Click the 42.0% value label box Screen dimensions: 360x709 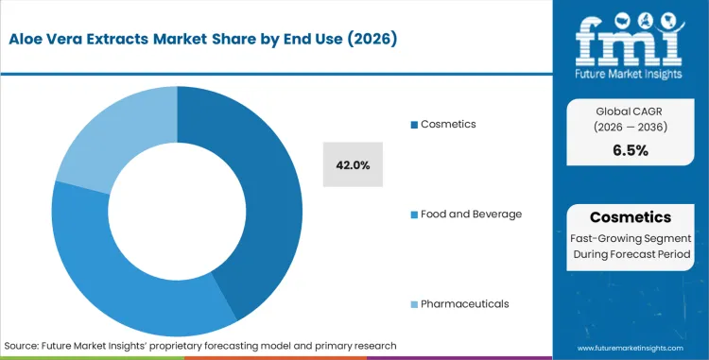353,165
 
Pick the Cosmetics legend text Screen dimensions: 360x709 449,125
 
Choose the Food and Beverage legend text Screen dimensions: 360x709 471,214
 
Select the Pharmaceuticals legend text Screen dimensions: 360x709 466,304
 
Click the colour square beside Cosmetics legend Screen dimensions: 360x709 413,126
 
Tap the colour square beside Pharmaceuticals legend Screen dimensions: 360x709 413,304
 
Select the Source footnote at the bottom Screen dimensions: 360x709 200,346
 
